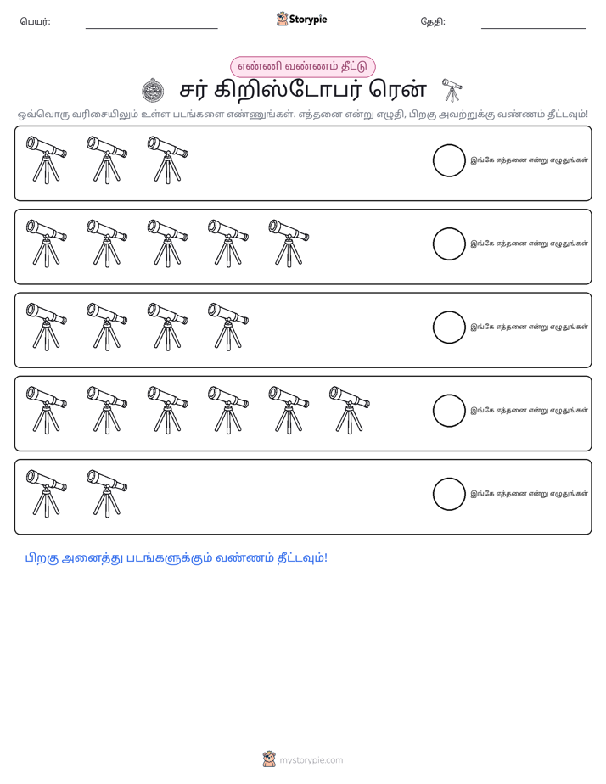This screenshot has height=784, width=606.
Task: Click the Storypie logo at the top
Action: (301, 19)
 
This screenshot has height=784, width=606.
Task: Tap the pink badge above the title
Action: (302, 66)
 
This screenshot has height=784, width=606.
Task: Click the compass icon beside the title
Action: (153, 91)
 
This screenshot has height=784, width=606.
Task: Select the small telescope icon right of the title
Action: (452, 90)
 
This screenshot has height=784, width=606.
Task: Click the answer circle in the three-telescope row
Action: (449, 160)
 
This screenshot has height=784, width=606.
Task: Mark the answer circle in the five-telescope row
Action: (449, 244)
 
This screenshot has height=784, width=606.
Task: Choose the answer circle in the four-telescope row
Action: (449, 328)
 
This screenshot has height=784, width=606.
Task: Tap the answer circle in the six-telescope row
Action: (449, 411)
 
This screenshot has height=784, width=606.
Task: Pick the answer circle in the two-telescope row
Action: (449, 494)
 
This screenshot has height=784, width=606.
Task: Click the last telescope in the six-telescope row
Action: (350, 410)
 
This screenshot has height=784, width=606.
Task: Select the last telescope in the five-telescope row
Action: (289, 243)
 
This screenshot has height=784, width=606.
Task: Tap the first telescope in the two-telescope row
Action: (47, 493)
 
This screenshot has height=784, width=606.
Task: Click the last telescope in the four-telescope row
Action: (228, 327)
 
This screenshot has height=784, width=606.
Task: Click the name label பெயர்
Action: (35, 21)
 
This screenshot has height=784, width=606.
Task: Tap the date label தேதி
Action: (433, 21)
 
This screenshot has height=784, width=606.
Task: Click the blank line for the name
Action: (151, 29)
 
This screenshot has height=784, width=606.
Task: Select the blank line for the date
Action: (534, 29)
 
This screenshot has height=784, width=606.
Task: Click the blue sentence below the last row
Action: (176, 558)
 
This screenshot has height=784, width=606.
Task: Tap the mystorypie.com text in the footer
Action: (311, 760)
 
